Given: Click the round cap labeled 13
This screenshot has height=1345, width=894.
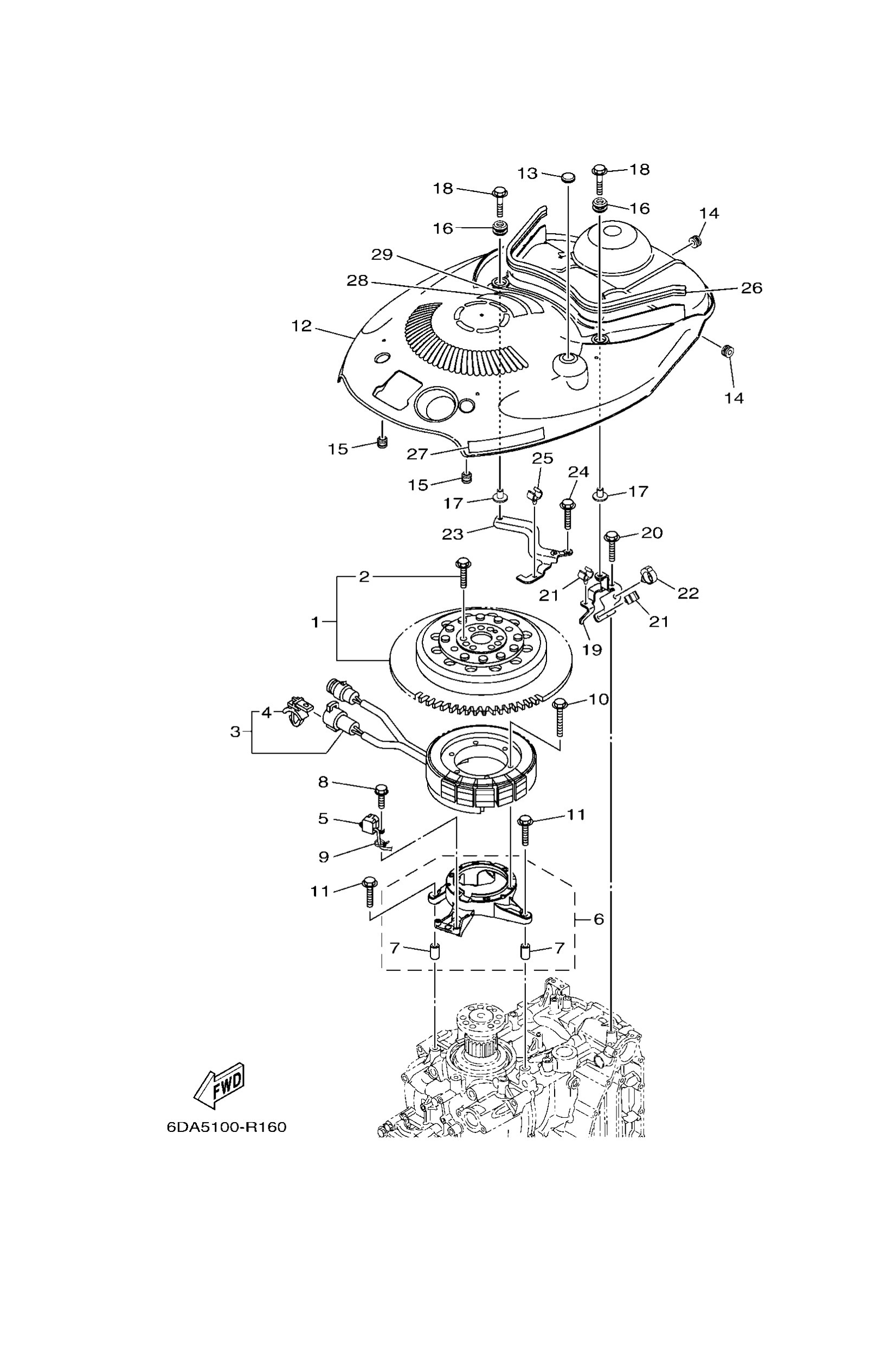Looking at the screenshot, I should [x=567, y=178].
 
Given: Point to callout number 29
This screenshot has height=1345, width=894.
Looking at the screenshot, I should [x=382, y=254].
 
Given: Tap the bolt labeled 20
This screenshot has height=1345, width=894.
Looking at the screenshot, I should [x=612, y=543].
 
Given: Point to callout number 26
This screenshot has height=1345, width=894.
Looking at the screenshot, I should [x=751, y=288].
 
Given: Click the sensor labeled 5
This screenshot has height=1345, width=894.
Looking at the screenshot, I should [x=368, y=823].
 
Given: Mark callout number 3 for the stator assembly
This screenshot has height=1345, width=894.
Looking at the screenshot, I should [x=235, y=731].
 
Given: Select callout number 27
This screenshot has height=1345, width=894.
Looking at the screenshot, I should [x=417, y=454].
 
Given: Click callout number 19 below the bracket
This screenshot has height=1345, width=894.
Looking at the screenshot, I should [x=593, y=649].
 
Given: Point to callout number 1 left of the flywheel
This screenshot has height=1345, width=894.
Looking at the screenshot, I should [x=316, y=622].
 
